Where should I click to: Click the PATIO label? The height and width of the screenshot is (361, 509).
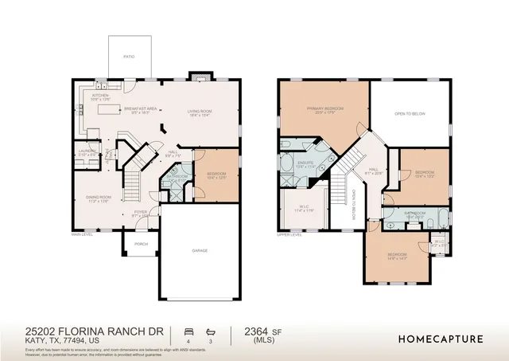point(128,57)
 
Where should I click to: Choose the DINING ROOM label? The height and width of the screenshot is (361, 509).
point(96,198)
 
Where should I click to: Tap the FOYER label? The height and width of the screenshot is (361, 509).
point(140,213)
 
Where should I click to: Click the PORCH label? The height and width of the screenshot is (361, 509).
point(141,244)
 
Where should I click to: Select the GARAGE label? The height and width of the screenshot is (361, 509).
point(200,250)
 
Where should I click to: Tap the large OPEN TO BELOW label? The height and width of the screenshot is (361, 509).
point(410,114)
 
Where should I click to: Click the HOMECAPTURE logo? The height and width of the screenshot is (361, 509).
point(440,339)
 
